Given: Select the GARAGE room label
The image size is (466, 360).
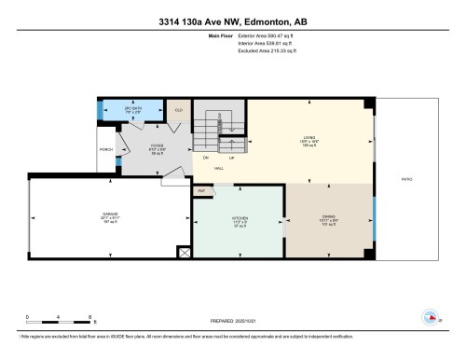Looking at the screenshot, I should coord(111,219).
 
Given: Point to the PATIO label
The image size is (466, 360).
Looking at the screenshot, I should coord(405,179).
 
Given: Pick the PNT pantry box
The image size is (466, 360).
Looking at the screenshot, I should coord(200,190).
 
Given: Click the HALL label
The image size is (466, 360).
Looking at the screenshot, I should coord(218,168).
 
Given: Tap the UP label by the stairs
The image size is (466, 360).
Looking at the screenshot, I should coord(230,158).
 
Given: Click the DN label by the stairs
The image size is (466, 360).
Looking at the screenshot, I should coord(206,158).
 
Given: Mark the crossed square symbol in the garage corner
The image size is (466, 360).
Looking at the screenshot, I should coord(183,252).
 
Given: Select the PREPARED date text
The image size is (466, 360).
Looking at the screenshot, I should coord(233,322).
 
